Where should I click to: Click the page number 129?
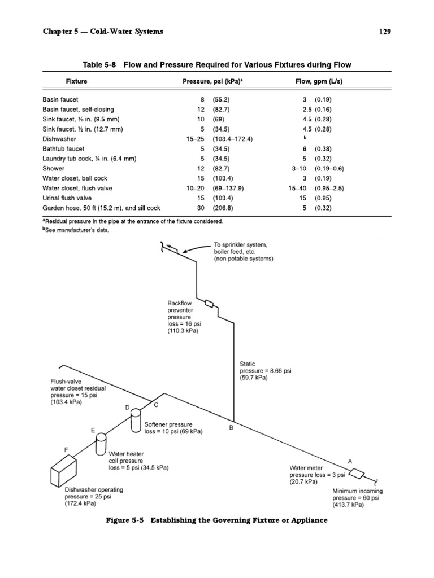[384, 32]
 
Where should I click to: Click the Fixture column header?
[76, 81]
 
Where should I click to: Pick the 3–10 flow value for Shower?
[300, 168]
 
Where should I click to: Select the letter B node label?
[231, 428]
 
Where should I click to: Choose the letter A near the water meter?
[350, 461]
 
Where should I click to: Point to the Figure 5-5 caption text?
[216, 519]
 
